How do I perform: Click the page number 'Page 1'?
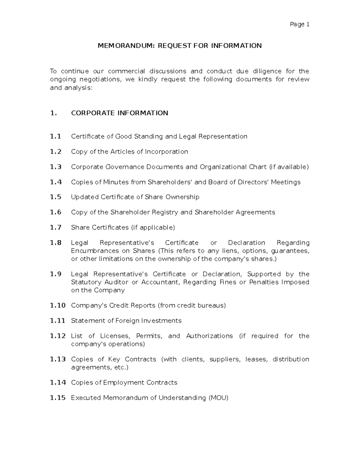pyautogui.click(x=299, y=24)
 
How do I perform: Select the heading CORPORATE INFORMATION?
pyautogui.click(x=119, y=113)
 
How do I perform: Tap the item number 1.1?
pyautogui.click(x=55, y=137)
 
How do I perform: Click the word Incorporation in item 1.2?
pyautogui.click(x=166, y=152)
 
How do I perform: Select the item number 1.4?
pyautogui.click(x=56, y=182)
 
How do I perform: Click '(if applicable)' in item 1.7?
pyautogui.click(x=153, y=227)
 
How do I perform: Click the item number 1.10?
pyautogui.click(x=58, y=305)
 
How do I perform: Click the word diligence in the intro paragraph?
pyautogui.click(x=267, y=71)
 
